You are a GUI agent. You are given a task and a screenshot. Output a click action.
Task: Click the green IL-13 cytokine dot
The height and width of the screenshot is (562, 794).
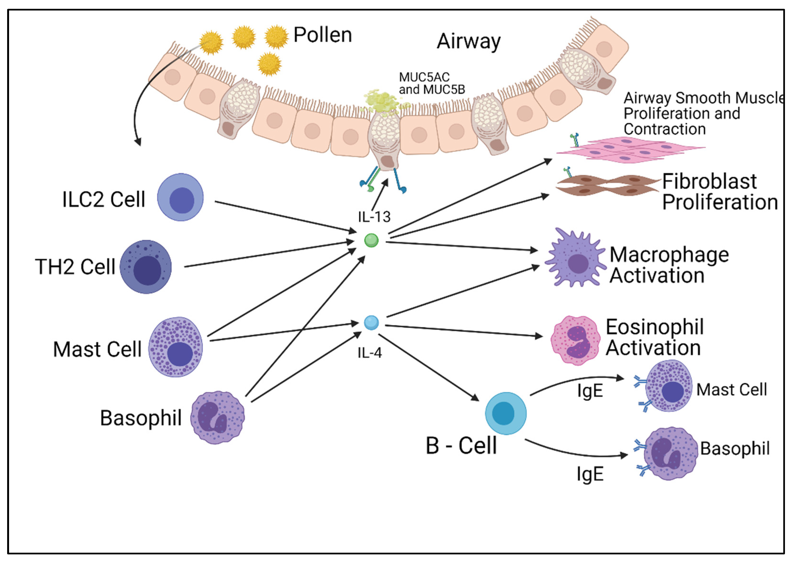click(x=372, y=240)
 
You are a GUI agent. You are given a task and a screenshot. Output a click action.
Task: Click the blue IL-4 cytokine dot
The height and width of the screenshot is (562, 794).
click(x=372, y=323)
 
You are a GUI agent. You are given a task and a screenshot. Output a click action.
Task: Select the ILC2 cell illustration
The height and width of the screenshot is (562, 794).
click(x=180, y=197)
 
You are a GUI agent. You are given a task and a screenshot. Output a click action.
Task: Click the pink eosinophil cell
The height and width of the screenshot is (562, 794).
click(x=575, y=340)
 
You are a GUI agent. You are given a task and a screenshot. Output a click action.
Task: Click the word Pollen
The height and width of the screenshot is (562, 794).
click(x=322, y=35)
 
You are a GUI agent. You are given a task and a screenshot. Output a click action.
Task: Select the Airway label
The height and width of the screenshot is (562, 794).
click(x=468, y=42)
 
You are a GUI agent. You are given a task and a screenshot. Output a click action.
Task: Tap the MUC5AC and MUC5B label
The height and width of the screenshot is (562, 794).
click(x=432, y=83)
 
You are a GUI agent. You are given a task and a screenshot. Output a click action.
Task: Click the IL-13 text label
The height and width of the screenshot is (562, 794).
click(x=374, y=217)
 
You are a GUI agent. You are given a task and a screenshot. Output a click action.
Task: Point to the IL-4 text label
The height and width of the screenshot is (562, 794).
click(x=370, y=353)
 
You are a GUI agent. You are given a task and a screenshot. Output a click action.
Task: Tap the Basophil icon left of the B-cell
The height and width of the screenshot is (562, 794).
click(x=218, y=418)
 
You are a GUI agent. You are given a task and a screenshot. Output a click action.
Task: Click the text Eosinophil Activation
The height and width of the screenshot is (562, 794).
click(x=655, y=337)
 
